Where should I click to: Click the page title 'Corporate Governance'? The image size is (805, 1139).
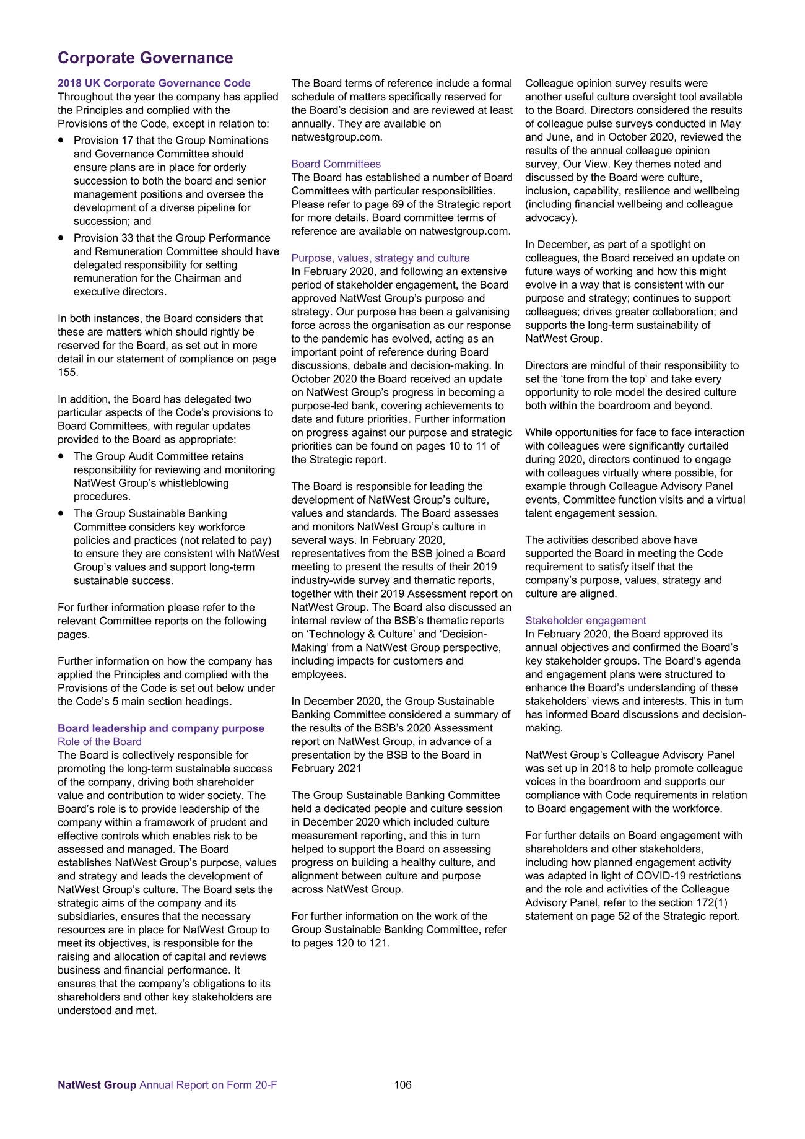tap(146, 58)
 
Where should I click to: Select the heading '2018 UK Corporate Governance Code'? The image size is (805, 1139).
tap(154, 84)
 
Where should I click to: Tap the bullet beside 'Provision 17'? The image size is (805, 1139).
tap(61, 141)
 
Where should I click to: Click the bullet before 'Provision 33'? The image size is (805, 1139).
tap(61, 238)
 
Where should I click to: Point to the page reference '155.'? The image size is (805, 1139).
tap(68, 372)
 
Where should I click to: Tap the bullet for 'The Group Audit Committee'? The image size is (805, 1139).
tap(61, 456)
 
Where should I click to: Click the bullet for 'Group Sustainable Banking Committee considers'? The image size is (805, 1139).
tap(61, 513)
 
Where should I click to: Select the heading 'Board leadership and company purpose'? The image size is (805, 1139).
tap(161, 728)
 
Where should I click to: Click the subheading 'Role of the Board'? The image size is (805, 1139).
tap(100, 742)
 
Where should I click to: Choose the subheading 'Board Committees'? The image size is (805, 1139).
tap(336, 164)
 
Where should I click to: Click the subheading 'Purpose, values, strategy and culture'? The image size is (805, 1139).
tap(380, 258)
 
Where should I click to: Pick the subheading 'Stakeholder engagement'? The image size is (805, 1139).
tap(585, 621)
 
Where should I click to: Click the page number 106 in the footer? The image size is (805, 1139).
tap(402, 1085)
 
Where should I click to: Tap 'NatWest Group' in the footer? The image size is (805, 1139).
tap(97, 1085)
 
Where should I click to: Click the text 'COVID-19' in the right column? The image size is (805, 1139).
tap(653, 876)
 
